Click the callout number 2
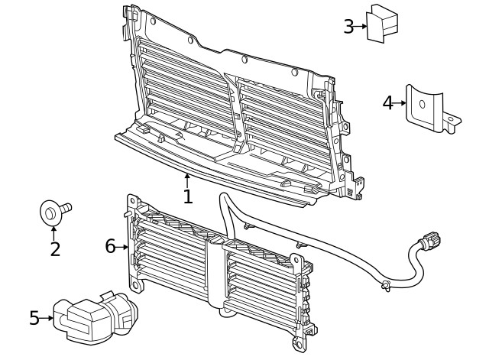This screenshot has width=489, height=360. point(54,248)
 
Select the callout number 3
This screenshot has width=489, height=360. point(348,27)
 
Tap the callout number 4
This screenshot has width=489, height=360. point(388,102)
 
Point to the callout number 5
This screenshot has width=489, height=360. point(34,318)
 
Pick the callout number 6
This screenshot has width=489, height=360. point(110,246)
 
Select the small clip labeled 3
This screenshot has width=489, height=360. point(382,23)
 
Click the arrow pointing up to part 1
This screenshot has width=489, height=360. point(187,180)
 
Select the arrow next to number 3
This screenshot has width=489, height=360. point(362,27)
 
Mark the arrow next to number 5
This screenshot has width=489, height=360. point(47,318)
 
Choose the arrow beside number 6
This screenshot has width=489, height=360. point(123,246)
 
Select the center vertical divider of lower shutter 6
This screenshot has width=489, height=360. point(223,279)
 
